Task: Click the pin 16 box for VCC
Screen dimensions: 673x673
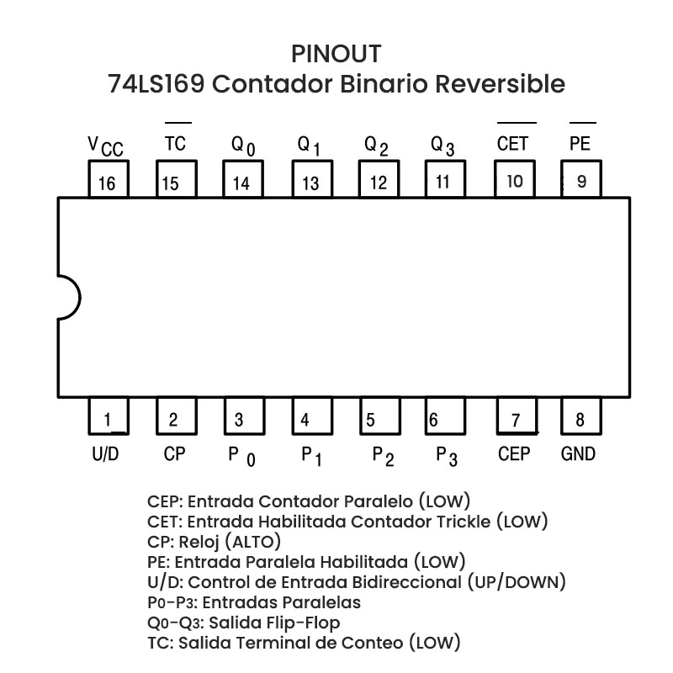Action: point(109,181)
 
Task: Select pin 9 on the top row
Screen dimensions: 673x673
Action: point(580,180)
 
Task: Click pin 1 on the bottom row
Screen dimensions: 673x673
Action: point(109,418)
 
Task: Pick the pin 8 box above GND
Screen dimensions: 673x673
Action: point(580,418)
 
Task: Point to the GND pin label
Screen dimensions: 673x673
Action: point(578,454)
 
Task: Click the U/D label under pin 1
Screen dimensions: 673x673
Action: point(105,454)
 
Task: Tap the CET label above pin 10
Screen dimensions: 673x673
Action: point(512,144)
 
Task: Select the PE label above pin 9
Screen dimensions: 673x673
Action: point(580,144)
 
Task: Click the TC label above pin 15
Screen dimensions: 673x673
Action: point(175,144)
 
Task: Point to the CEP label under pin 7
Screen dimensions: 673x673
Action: point(514,454)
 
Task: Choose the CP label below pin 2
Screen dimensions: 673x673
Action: point(175,454)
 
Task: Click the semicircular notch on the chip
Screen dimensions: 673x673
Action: point(67,299)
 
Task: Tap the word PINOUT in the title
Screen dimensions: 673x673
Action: point(336,54)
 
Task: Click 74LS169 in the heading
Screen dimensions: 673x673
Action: point(156,85)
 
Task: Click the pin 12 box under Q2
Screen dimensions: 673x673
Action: point(379,181)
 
